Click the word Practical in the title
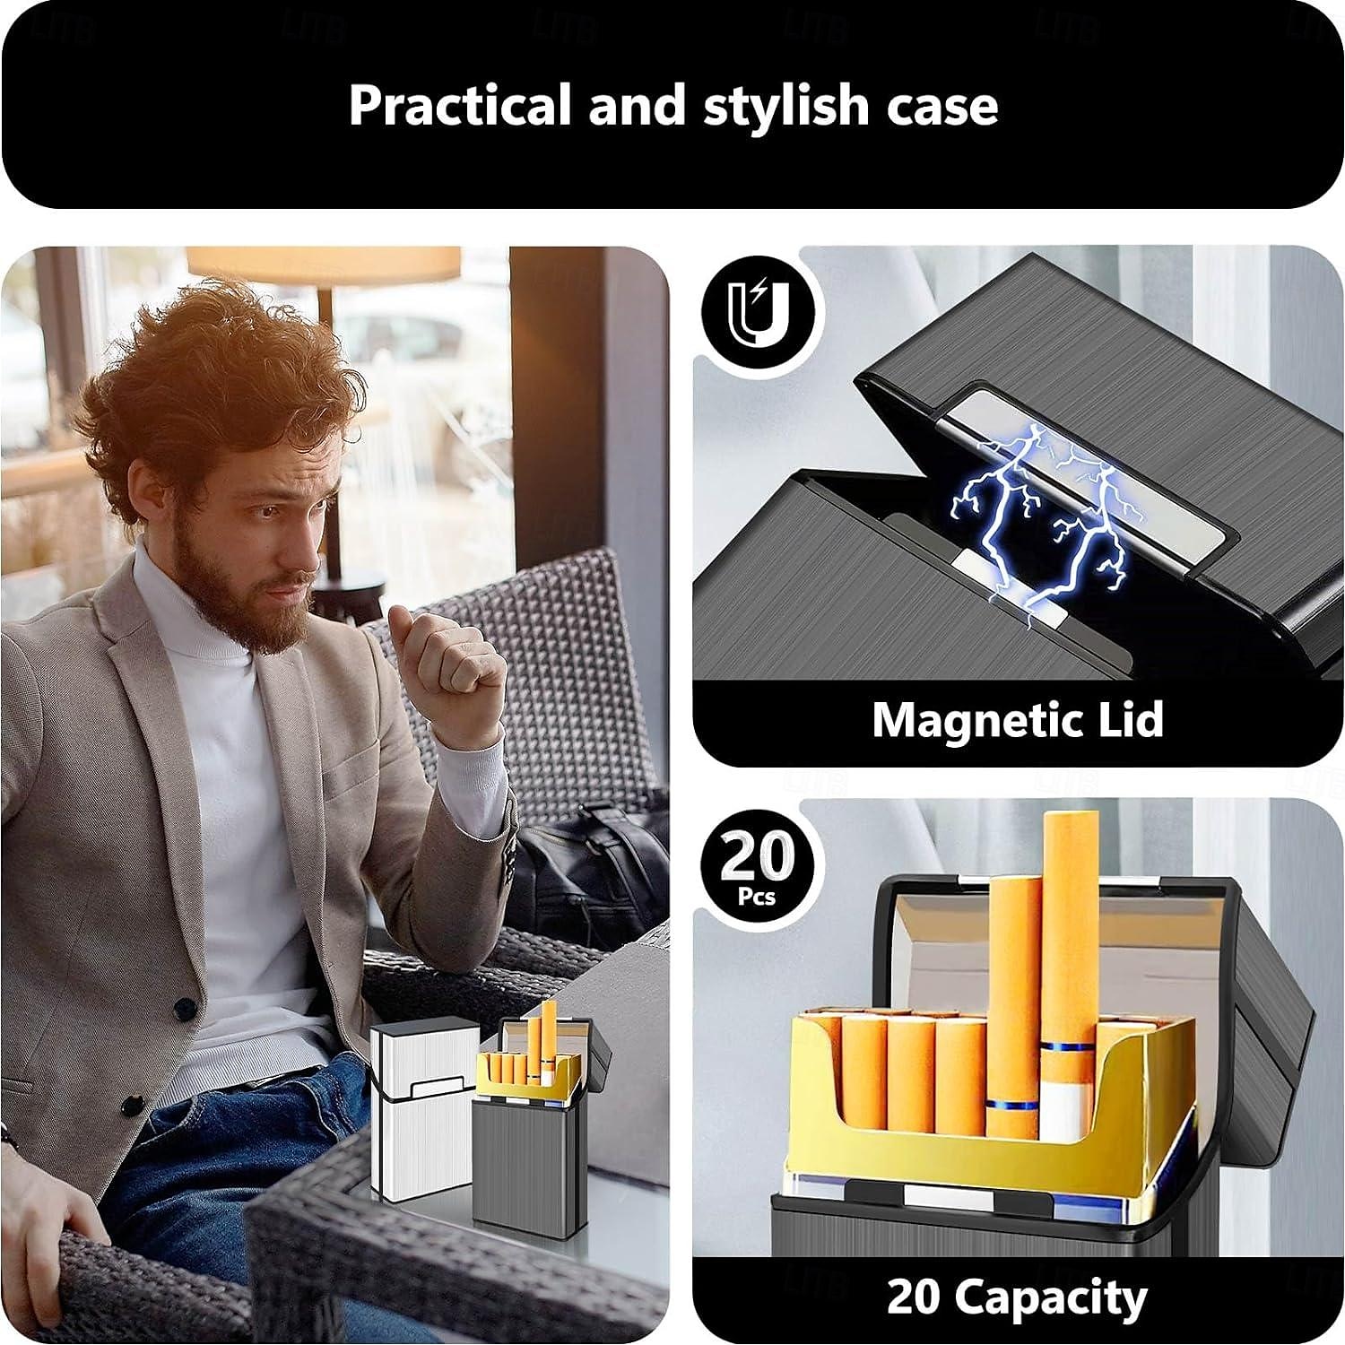[460, 105]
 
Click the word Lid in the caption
[1129, 720]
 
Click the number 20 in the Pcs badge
[757, 856]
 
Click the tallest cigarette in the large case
[1069, 941]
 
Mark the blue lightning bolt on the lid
[1031, 520]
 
